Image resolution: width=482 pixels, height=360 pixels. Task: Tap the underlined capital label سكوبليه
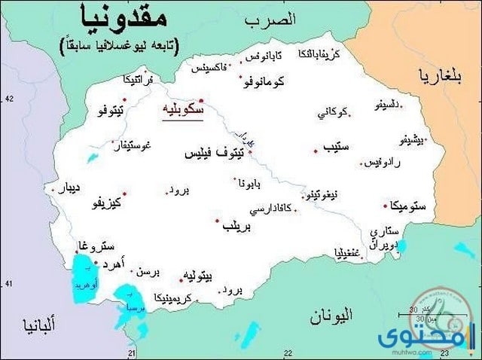(183, 111)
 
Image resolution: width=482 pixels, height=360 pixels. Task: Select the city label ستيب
(338, 147)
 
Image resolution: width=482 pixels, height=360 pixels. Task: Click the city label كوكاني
(333, 112)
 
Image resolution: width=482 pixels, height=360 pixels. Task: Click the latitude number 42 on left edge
(9, 99)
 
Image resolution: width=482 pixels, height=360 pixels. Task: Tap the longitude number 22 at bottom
(288, 352)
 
